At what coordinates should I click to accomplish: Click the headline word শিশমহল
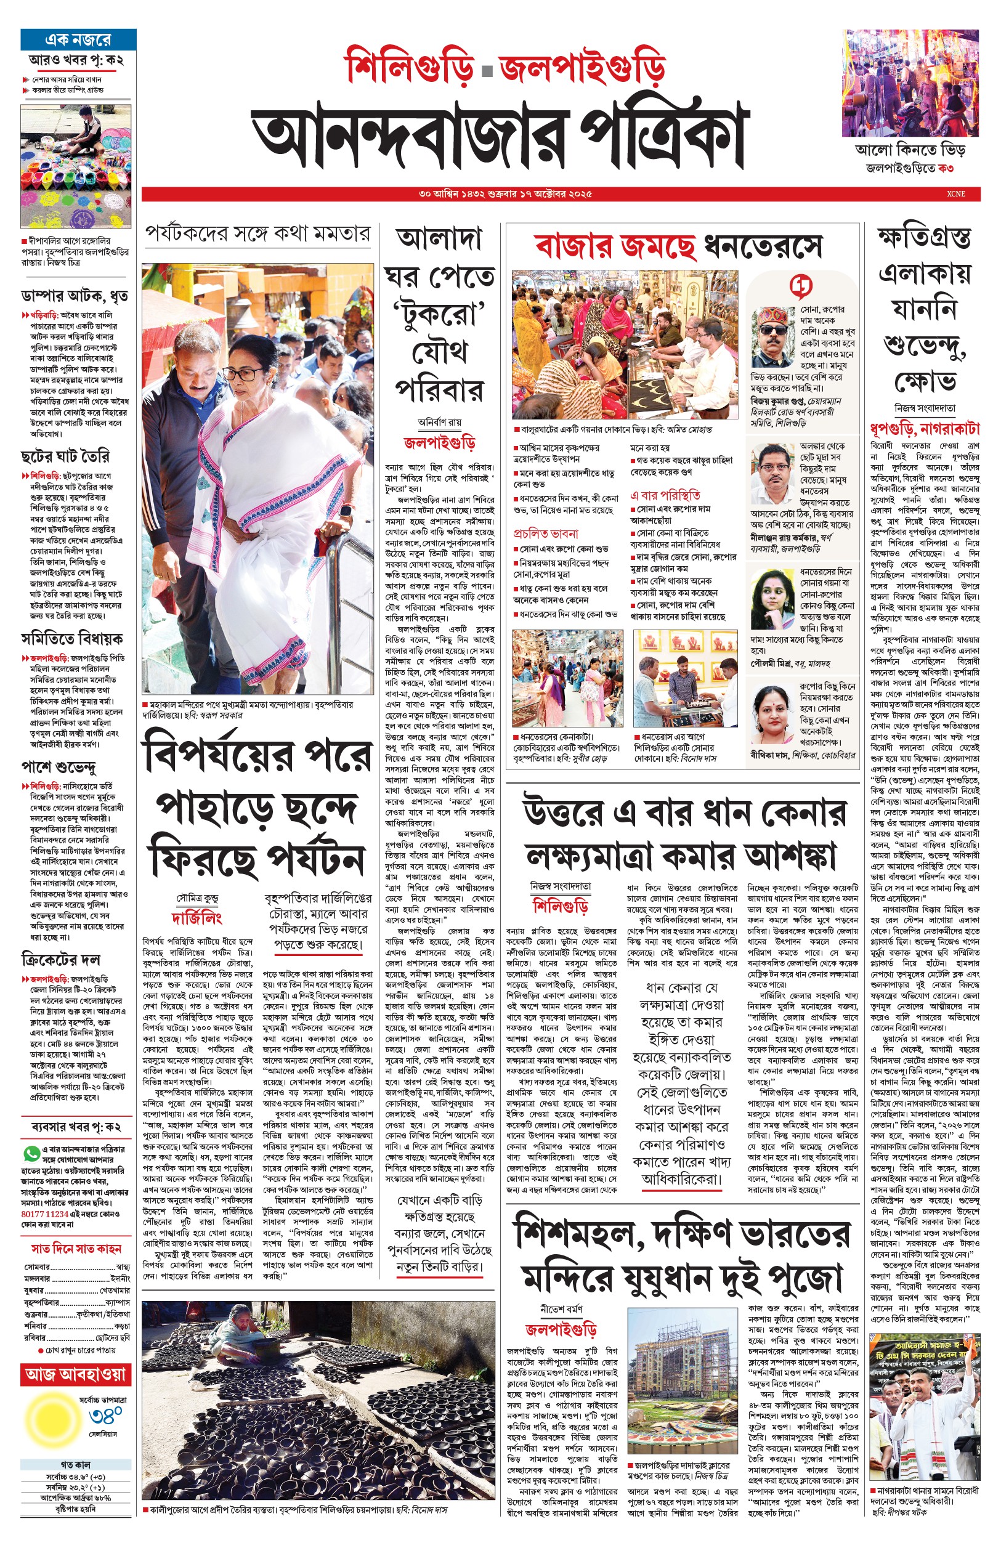point(578,1233)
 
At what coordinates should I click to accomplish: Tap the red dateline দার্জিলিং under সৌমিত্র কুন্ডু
point(197,918)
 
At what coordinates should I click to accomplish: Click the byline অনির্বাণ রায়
point(439,422)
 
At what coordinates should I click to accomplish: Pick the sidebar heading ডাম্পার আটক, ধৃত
point(74,296)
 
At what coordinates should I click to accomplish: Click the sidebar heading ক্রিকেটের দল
point(60,959)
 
